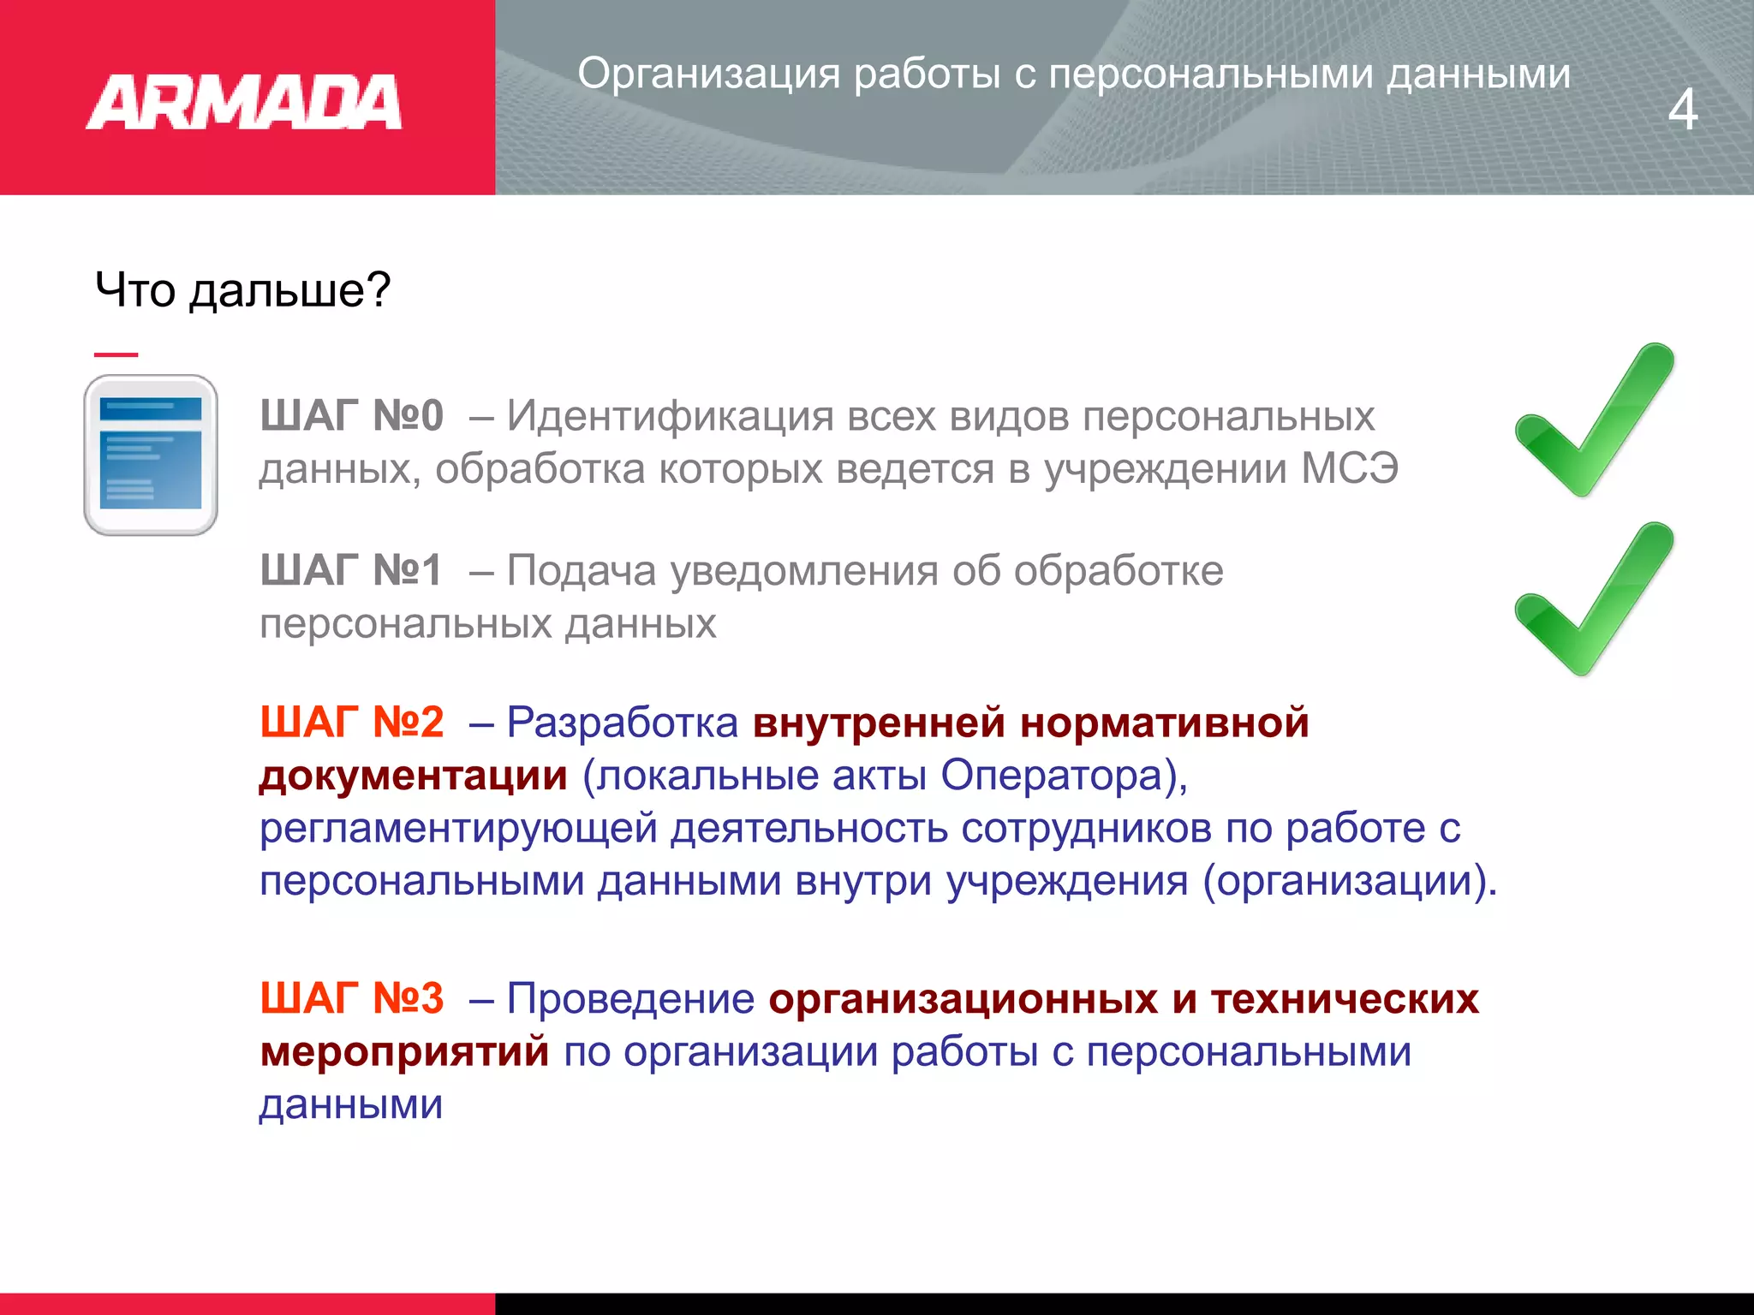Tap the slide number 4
(1682, 110)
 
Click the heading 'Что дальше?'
(242, 289)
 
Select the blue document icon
(151, 455)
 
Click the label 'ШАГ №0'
(352, 416)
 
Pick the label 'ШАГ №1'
(351, 570)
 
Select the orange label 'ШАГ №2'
(352, 723)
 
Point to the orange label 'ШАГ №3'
(352, 998)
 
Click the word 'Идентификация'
(670, 417)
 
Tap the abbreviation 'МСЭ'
(1350, 469)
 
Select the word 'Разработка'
(623, 723)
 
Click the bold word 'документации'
(414, 777)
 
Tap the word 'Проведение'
(631, 999)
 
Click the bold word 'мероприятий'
(405, 1052)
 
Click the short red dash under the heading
(116, 354)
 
